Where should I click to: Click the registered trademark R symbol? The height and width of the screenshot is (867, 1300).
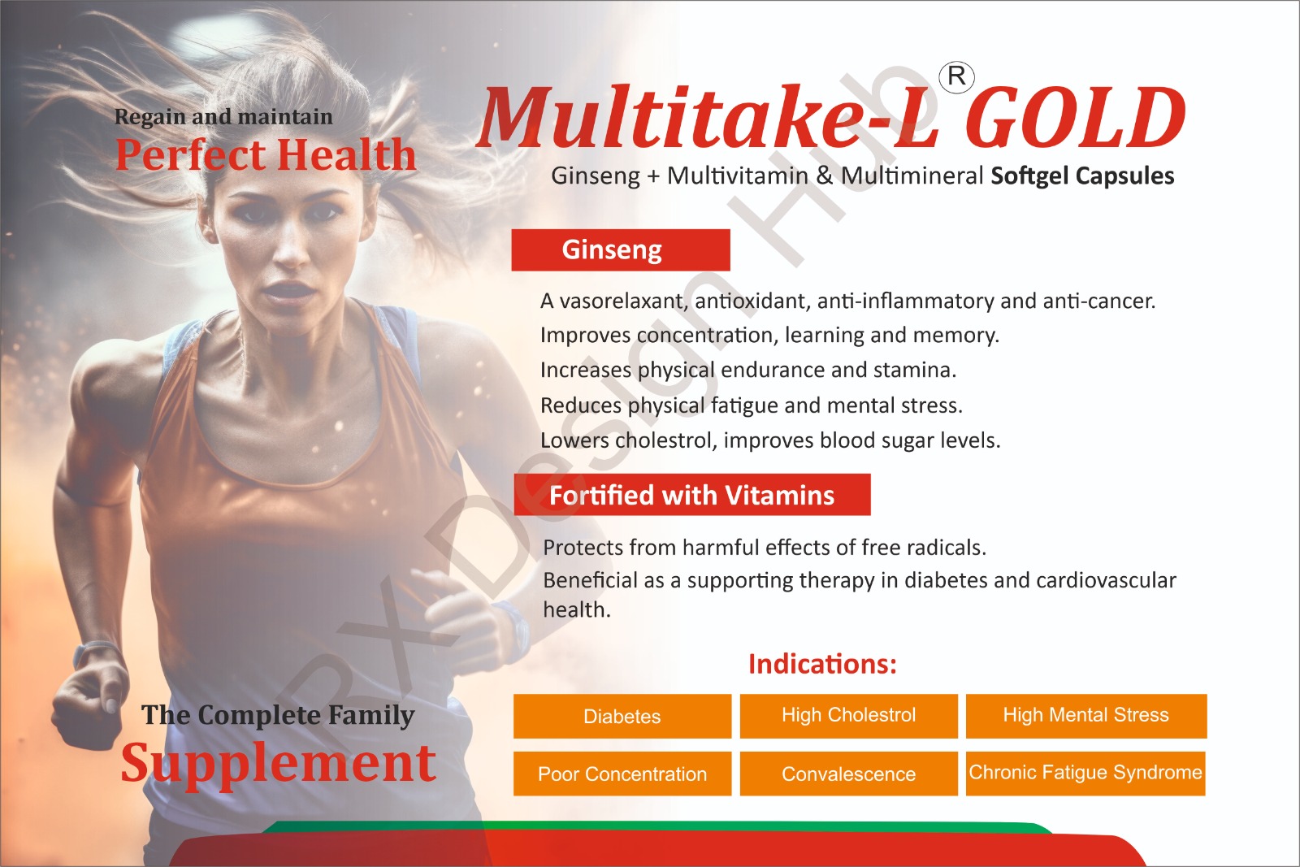(956, 76)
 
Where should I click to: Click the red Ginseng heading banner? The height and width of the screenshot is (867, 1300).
(621, 250)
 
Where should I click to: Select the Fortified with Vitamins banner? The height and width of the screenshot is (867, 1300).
(692, 495)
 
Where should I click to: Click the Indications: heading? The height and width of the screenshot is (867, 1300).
(822, 664)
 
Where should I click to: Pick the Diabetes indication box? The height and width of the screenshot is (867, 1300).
(622, 716)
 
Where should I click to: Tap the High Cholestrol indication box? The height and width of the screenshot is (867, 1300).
(848, 716)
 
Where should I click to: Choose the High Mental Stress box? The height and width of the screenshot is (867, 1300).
(1085, 716)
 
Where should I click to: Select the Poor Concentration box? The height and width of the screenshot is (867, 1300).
(622, 774)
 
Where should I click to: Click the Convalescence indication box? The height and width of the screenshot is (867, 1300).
(848, 774)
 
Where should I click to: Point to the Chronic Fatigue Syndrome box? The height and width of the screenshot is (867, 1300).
(1085, 774)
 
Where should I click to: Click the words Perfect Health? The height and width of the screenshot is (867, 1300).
(266, 155)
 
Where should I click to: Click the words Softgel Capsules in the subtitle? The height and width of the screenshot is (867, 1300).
(1082, 176)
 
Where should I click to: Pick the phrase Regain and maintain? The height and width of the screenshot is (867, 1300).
(223, 117)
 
